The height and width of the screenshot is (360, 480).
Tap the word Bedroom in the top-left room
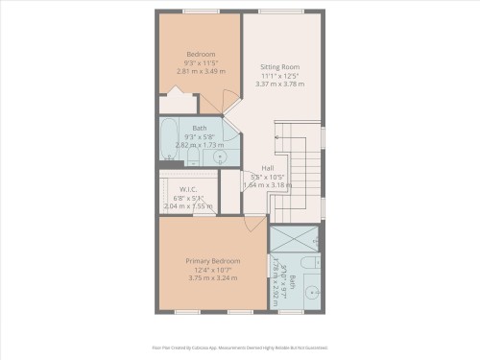tap(201, 54)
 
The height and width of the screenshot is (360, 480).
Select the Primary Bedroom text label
tap(213, 260)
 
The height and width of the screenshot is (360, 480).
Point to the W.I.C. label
tap(187, 189)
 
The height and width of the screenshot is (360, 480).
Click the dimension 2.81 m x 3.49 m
tap(201, 71)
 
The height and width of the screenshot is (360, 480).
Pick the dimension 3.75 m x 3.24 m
tap(213, 277)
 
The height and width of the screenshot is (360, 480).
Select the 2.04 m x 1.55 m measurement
tap(187, 206)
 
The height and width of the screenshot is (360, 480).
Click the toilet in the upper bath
tap(193, 156)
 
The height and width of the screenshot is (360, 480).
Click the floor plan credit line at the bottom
tap(240, 348)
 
